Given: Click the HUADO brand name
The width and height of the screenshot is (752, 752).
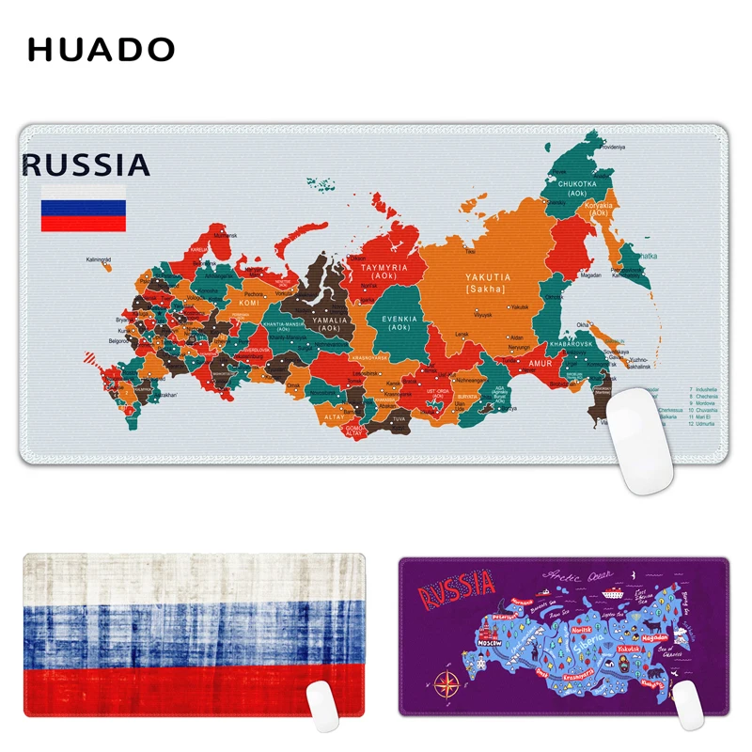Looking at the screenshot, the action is click(102, 49).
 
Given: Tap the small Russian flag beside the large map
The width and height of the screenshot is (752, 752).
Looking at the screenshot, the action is click(83, 209).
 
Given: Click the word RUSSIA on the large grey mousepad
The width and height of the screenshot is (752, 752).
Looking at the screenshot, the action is click(86, 166).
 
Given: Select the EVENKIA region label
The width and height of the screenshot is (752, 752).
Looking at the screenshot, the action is click(400, 320).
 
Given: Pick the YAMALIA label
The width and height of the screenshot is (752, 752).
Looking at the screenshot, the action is click(330, 320).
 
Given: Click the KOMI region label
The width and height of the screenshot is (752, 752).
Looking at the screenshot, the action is click(249, 304).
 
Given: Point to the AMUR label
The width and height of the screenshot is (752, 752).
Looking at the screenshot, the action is click(539, 362).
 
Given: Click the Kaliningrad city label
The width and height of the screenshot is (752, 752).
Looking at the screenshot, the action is click(99, 259).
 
